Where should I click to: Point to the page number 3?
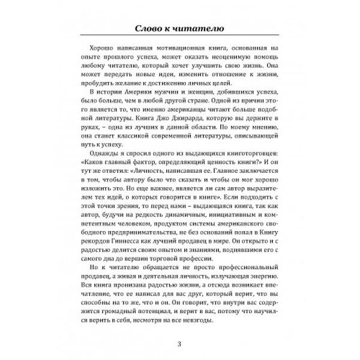[x=179, y=343]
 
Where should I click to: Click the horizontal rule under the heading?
[x=179, y=39]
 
